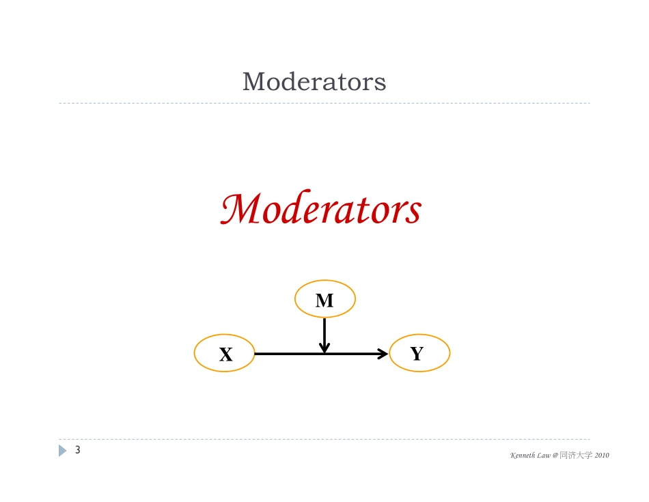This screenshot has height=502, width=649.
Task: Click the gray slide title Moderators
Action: pos(314,81)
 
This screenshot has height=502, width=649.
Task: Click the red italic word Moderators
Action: pos(321,208)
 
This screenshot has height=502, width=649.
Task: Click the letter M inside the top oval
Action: pos(324,301)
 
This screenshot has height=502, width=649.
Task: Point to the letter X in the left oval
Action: pos(225,354)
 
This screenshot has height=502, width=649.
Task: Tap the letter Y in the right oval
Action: pos(417,353)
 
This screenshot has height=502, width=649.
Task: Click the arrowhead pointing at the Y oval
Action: pos(383,354)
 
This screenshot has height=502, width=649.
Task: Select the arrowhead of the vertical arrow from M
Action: pos(324,348)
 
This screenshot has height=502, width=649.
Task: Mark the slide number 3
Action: pos(77,450)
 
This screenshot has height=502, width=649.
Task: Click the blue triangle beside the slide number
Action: pos(62,450)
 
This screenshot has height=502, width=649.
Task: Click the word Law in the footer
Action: pos(544,456)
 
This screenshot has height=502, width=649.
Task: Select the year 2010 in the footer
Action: pos(602,456)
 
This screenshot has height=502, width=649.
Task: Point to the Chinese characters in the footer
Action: pos(576,456)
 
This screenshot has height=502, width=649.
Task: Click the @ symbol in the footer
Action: pos(555,456)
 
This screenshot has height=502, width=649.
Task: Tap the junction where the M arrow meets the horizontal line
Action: pos(324,354)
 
